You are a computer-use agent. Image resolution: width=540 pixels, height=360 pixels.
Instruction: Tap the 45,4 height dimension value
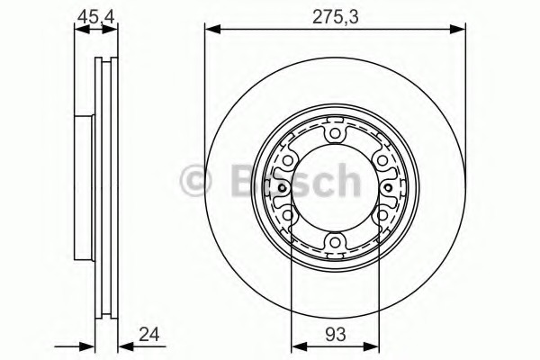[95, 17]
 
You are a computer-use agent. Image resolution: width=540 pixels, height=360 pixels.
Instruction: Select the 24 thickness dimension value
[149, 334]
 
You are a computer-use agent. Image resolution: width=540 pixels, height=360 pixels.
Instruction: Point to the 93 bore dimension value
[335, 335]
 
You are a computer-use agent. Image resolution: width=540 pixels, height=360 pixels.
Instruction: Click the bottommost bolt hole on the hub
[335, 242]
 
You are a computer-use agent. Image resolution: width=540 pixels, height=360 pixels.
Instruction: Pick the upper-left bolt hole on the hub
[288, 160]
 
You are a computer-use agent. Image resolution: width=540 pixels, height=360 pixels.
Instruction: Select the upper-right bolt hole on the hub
[382, 160]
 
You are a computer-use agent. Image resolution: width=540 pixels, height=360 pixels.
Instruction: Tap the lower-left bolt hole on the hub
[288, 216]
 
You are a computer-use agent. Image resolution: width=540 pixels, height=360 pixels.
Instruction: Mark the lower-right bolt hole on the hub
[382, 216]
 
